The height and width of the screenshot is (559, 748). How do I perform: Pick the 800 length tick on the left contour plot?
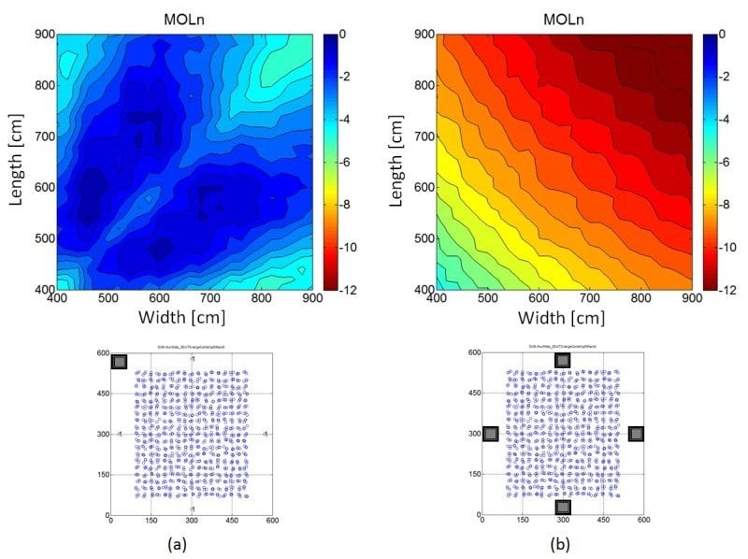(44, 85)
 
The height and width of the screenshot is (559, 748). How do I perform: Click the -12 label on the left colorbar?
(343, 290)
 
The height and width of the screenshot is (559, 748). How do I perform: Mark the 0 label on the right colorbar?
(718, 35)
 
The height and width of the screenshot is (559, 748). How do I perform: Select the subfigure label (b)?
(562, 544)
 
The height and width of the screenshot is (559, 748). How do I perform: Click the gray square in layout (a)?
(120, 362)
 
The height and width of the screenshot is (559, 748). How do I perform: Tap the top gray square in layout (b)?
(562, 360)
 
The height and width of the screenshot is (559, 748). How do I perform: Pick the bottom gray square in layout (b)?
(562, 507)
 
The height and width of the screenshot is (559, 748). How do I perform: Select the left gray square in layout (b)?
(491, 434)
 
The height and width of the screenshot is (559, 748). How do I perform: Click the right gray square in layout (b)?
(636, 434)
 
